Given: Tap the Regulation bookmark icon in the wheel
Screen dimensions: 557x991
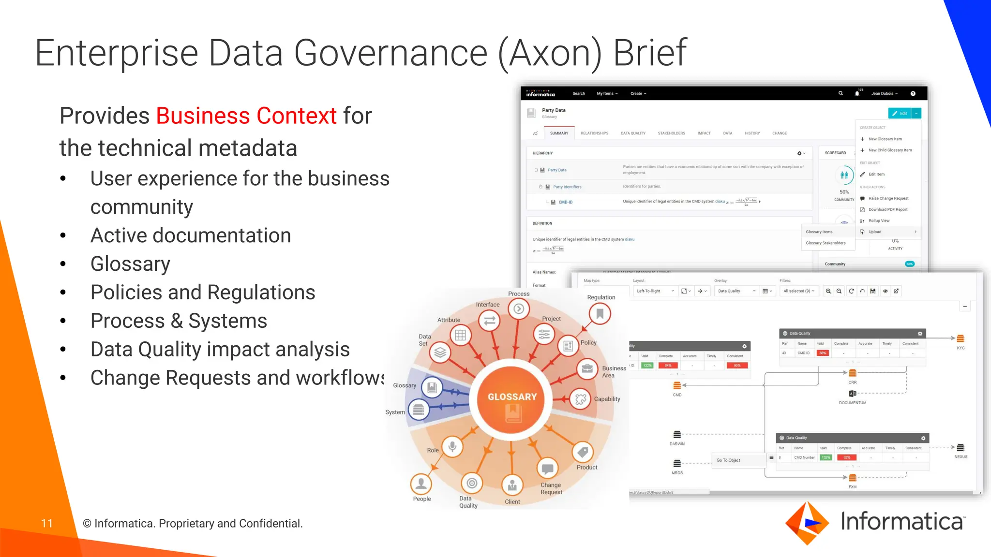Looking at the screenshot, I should [x=600, y=314].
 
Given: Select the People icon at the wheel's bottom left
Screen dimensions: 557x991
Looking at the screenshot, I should [x=421, y=483].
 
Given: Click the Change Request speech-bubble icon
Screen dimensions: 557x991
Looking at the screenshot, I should [x=548, y=469].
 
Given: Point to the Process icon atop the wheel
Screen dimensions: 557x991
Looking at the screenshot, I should [x=519, y=309].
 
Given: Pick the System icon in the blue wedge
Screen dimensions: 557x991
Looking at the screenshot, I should [x=419, y=410].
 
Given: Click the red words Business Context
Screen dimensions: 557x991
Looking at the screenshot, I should [x=246, y=116].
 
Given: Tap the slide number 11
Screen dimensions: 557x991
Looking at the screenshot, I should [x=47, y=523].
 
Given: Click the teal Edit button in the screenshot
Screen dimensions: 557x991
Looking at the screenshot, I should [x=900, y=113].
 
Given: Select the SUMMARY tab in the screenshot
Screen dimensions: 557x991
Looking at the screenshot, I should [x=559, y=133].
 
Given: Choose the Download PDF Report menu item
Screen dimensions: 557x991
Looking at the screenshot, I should [x=887, y=209].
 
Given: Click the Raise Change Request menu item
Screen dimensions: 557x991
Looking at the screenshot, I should [x=888, y=198].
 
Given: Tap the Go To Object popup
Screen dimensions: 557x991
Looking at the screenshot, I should [x=728, y=460].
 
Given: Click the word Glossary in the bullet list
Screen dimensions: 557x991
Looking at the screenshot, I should [x=130, y=264].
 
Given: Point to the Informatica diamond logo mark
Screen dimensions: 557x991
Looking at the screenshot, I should [x=807, y=523].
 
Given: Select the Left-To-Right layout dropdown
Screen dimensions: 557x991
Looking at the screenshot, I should [x=655, y=291].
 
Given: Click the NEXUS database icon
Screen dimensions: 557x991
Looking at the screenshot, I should [x=961, y=448].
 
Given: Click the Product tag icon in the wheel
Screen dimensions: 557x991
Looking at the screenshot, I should [x=583, y=452].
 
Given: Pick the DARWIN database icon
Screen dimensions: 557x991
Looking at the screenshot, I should [x=677, y=435].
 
